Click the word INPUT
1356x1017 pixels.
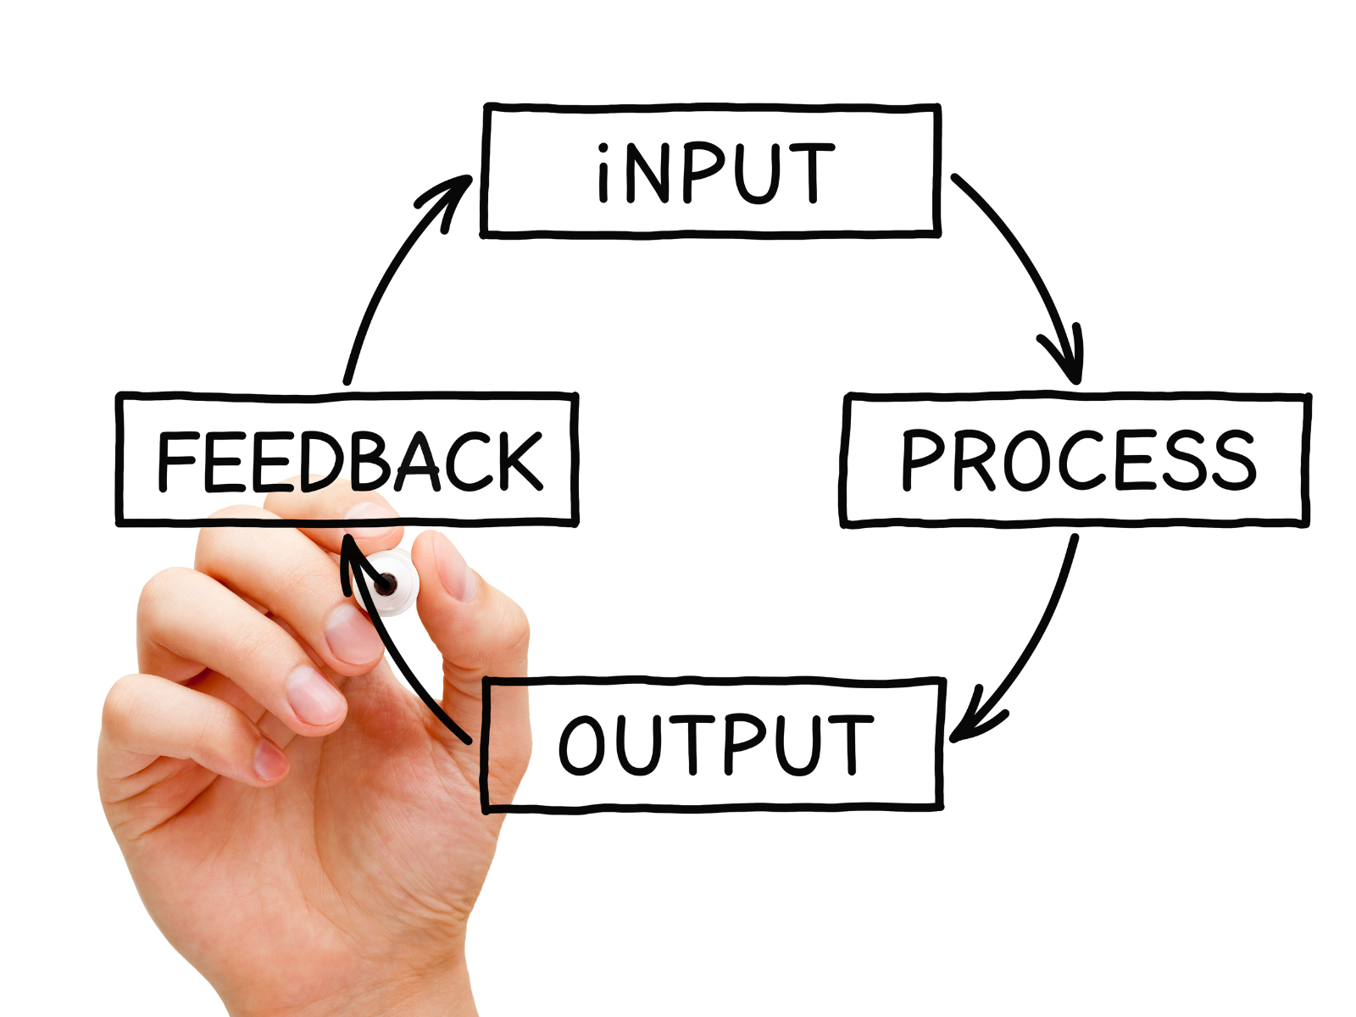tap(714, 173)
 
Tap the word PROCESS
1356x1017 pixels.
tap(1077, 459)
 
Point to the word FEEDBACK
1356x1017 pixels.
tap(349, 461)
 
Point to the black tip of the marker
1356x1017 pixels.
tap(386, 583)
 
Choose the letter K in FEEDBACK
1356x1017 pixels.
tap(514, 461)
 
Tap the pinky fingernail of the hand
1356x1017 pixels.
tap(270, 760)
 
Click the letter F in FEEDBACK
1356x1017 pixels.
tap(176, 461)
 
